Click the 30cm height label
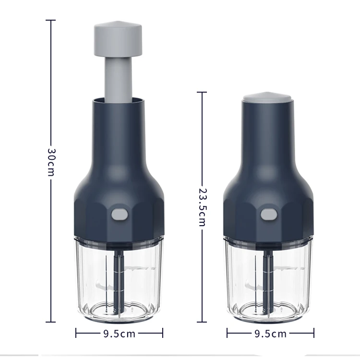tap(51, 161)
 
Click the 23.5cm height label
tap(202, 206)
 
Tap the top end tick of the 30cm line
tap(50, 20)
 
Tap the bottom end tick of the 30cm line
tap(50, 322)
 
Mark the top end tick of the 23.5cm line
tap(202, 92)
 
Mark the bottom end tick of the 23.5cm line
tap(202, 322)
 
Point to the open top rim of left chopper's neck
tap(118, 99)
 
